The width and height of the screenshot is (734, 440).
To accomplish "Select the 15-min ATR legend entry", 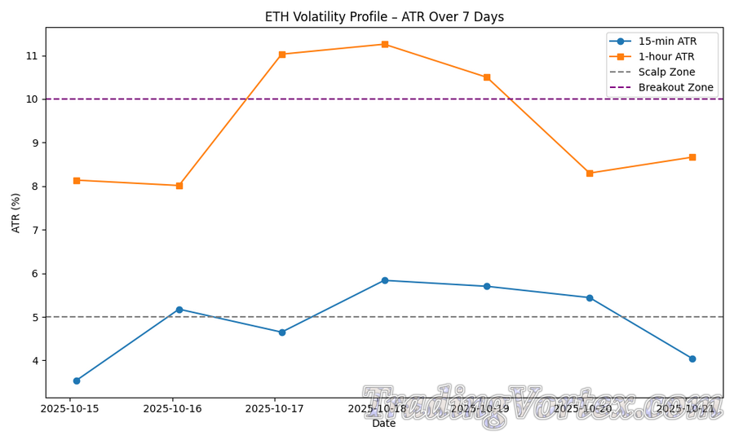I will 666,41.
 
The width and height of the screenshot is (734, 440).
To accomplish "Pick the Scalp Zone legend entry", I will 666,72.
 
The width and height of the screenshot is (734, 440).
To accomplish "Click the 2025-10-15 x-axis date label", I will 70,408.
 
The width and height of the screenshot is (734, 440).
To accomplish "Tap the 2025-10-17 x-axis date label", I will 275,408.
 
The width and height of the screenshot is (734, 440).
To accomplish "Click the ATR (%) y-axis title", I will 16,213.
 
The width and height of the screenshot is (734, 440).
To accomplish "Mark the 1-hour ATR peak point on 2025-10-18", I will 385,44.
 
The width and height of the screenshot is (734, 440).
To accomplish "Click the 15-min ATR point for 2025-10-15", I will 77,381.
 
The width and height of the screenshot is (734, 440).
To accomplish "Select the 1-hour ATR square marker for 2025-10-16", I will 179,186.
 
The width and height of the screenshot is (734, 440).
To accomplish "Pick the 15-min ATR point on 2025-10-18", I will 385,280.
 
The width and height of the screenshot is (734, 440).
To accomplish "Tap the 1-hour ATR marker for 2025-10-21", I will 692,157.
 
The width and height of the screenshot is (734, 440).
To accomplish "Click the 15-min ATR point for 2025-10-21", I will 692,359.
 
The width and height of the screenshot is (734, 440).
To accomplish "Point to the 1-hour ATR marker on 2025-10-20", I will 590,173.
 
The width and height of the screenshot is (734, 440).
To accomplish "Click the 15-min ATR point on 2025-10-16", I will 179,310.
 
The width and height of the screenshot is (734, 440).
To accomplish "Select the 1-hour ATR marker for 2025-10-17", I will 282,55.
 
